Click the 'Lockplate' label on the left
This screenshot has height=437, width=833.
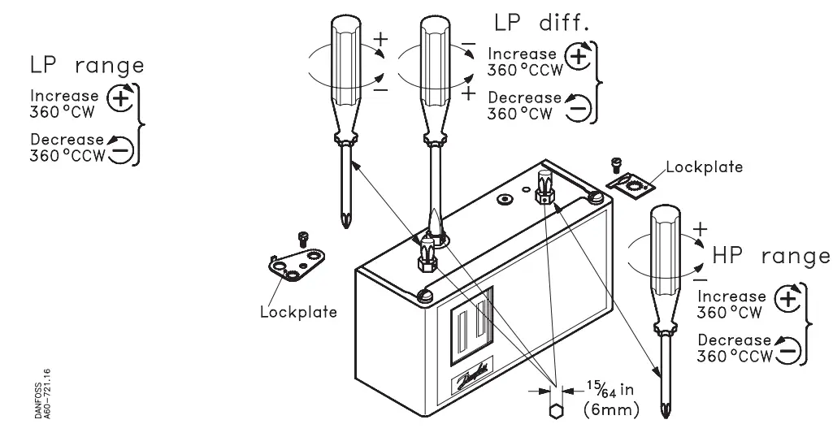[x=297, y=313]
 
